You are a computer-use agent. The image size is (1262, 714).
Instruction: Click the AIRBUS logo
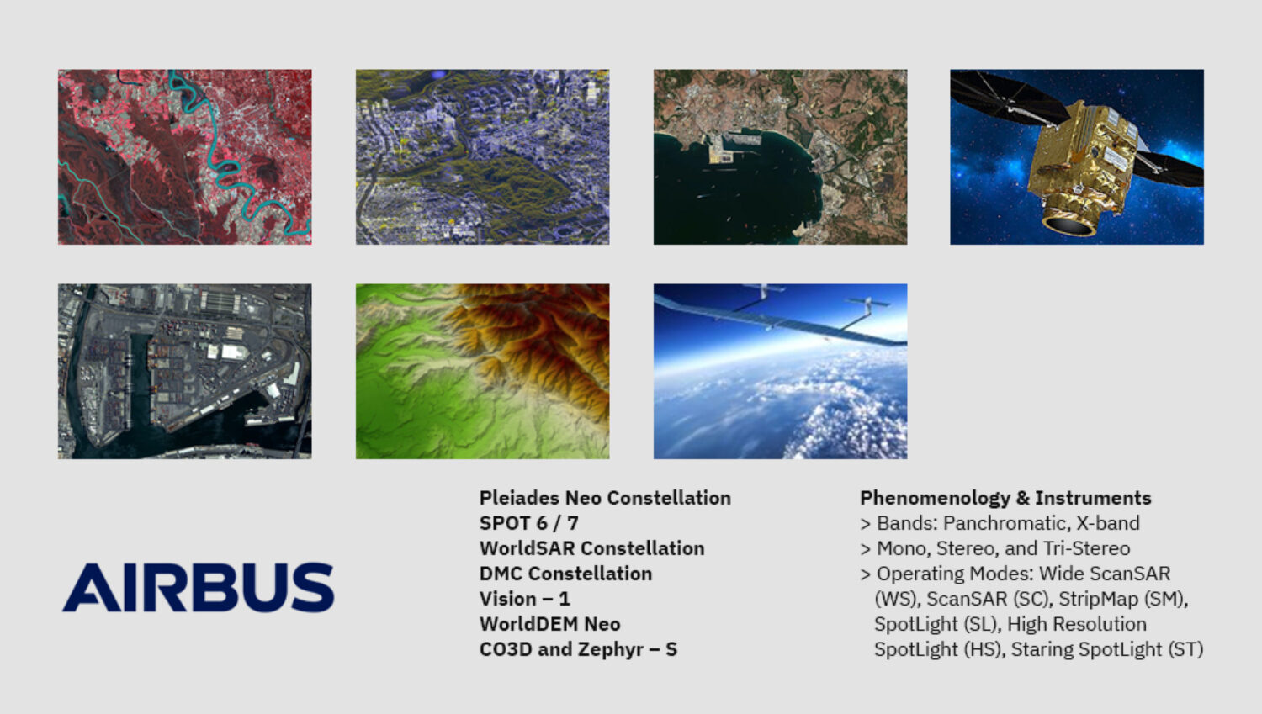tap(199, 587)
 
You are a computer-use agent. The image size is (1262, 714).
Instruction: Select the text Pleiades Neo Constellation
tap(605, 498)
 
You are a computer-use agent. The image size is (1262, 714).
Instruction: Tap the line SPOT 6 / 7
tap(528, 523)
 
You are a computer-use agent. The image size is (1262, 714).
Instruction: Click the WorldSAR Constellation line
tap(591, 548)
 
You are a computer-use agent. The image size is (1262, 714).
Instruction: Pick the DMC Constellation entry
tap(565, 574)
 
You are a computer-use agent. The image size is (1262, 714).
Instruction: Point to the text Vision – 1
tap(524, 599)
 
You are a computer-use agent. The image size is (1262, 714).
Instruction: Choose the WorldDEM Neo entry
tap(550, 624)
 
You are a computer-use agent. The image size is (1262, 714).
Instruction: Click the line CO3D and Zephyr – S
tap(578, 649)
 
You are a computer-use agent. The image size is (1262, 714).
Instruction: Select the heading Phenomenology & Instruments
tap(1005, 498)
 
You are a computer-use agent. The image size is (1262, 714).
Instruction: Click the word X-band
tap(1108, 523)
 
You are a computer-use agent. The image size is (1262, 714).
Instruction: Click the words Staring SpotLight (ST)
tap(1107, 649)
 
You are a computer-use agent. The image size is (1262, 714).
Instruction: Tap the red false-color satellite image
tap(185, 157)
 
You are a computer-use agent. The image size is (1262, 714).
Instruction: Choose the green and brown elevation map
tap(482, 371)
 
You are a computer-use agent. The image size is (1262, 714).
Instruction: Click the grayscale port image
tap(185, 371)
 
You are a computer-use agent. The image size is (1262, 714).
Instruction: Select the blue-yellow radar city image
tap(482, 157)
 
